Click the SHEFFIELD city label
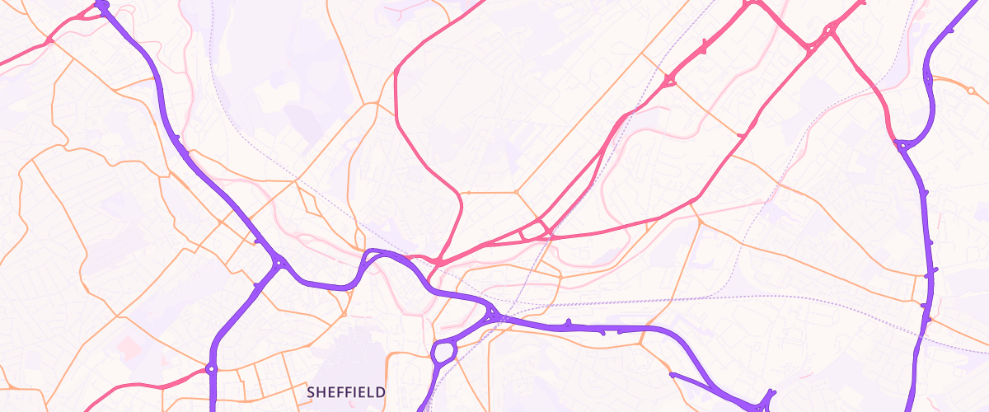point(345,392)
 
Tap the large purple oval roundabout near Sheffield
point(443,353)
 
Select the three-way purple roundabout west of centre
point(279,264)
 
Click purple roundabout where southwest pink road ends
point(211,368)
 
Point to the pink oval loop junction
point(537,229)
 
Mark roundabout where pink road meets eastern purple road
point(902,145)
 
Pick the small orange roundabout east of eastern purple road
point(969,90)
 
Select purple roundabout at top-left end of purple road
point(102,5)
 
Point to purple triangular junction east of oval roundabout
point(493,314)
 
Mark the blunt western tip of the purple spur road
point(673,376)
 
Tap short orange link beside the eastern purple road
point(916,288)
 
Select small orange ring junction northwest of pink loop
point(468,193)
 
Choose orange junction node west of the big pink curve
point(377,103)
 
